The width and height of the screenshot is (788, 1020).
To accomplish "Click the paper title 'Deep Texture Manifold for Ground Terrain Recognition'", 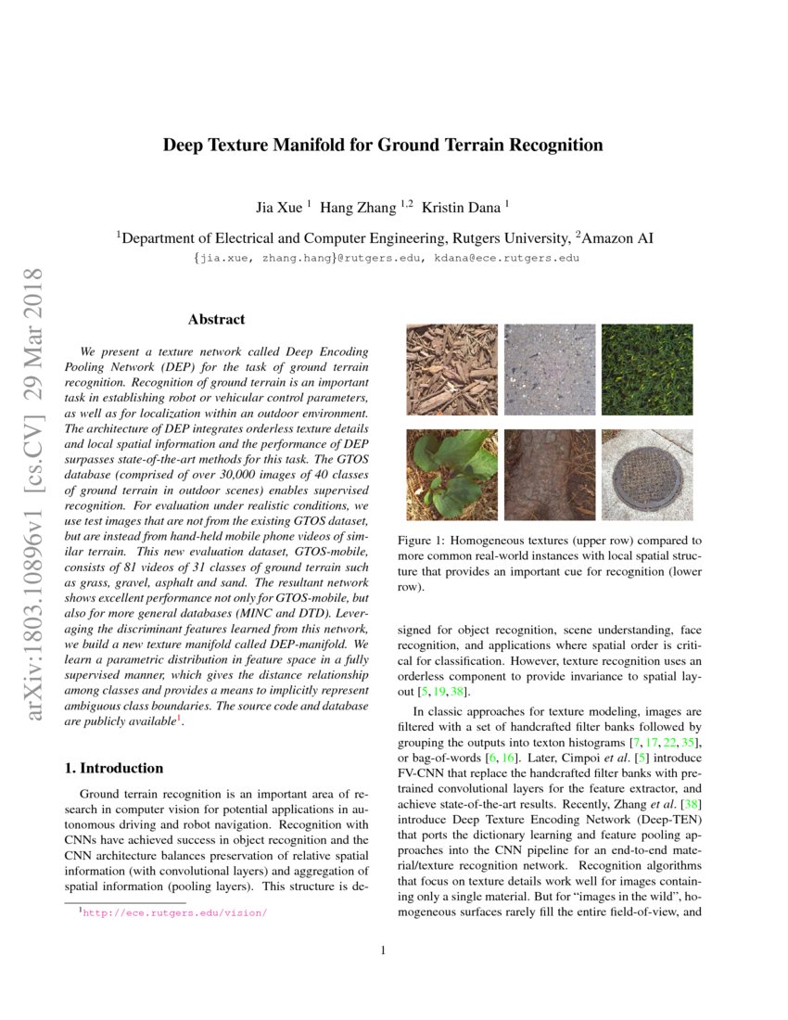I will [383, 146].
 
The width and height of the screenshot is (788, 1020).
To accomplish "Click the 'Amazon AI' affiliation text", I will [617, 238].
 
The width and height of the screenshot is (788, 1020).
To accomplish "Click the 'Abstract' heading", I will [216, 320].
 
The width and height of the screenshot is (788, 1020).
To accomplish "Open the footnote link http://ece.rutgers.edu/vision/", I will [175, 912].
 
